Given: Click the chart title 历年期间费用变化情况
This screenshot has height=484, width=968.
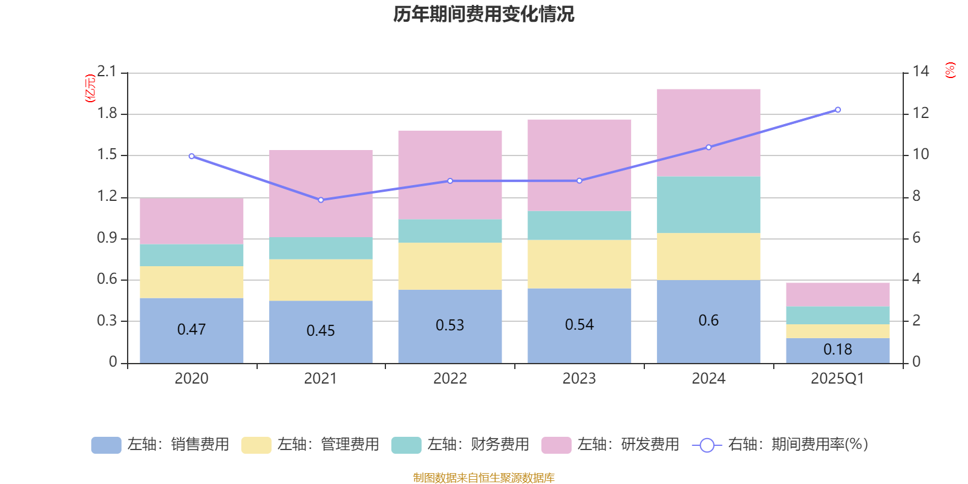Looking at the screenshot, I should tap(483, 14).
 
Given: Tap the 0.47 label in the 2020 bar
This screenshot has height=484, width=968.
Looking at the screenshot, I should tap(191, 330).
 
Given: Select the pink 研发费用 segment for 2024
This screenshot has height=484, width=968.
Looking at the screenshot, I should tap(708, 132).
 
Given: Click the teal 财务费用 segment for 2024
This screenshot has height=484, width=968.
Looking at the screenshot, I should tap(708, 204).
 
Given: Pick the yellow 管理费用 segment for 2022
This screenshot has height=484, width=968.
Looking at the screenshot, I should tap(450, 266).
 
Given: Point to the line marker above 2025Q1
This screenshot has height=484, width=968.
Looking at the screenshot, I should tap(838, 110).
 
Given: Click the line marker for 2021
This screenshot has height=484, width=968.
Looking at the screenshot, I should tap(321, 200).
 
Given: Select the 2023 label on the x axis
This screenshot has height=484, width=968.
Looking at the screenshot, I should tap(579, 379).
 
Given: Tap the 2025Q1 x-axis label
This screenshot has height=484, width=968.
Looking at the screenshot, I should tap(837, 379).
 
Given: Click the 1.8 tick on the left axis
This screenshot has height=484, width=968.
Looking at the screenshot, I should tap(107, 114).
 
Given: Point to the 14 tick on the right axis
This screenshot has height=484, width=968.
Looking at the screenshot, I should tap(921, 72).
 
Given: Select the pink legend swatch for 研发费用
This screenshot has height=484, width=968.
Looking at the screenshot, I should tap(556, 445).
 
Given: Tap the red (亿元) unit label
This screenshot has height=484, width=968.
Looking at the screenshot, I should tap(90, 88).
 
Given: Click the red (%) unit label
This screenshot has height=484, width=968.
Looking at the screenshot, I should tap(950, 70).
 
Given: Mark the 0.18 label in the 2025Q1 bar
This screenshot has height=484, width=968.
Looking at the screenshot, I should tap(837, 350).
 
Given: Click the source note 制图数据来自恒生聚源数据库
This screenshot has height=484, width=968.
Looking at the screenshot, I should tap(483, 478).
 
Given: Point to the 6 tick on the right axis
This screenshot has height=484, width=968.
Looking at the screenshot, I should tap(917, 238).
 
